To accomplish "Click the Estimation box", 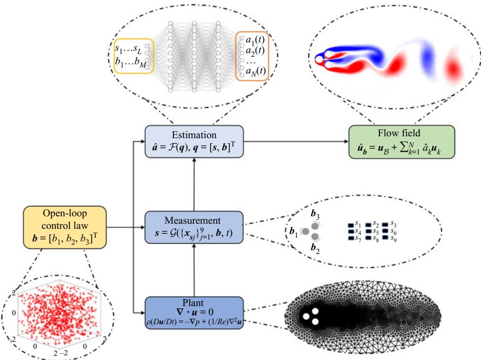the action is pos(194,141).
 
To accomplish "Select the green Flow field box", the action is pos(401,142).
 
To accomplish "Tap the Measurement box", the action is pos(194,227).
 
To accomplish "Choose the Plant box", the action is pos(194,313).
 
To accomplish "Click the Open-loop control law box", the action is pos(65,227).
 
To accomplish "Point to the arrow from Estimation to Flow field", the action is pos(296,141).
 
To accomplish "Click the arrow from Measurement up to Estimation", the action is pos(194,184).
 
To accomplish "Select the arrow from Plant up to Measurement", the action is pos(194,270).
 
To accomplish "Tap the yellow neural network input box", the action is pos(134,56).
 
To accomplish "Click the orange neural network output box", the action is pos(252,56).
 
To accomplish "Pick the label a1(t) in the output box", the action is pos(255,40).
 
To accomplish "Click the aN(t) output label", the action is pos(255,72).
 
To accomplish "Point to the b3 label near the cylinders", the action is pos(315,214).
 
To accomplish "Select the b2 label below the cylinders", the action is pos(315,248).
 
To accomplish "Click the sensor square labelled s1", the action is pos(351,226).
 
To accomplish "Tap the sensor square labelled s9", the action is pos(385,238).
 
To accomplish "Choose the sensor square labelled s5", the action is pos(368,232).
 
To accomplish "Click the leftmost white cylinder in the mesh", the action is pos(306,316).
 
